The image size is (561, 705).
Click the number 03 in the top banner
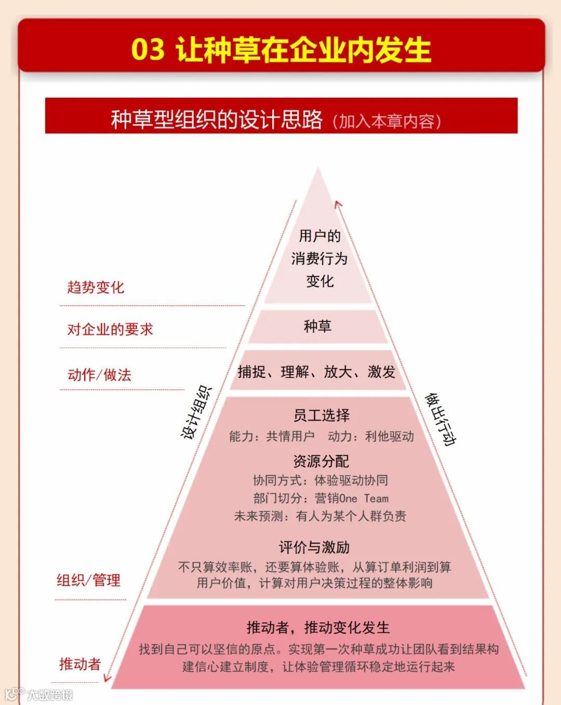tap(148, 50)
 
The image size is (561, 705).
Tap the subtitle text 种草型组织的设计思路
tap(217, 120)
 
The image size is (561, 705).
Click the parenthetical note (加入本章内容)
tap(387, 121)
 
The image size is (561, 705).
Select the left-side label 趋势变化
tap(96, 287)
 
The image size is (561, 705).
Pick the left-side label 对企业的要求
tap(110, 329)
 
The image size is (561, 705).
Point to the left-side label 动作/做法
tap(99, 374)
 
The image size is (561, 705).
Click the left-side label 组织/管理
tap(88, 580)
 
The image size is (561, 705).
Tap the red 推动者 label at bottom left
tap(80, 664)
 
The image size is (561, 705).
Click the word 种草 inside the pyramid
tap(317, 326)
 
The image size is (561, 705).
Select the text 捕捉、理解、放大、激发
tap(316, 372)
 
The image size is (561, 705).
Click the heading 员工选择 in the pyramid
tap(322, 415)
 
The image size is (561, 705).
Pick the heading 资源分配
tap(321, 461)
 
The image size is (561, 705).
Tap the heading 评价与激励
tap(314, 547)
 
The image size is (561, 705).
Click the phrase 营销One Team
tap(352, 498)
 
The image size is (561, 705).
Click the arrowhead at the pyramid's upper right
tap(338, 205)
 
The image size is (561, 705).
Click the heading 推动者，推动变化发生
tap(318, 628)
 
